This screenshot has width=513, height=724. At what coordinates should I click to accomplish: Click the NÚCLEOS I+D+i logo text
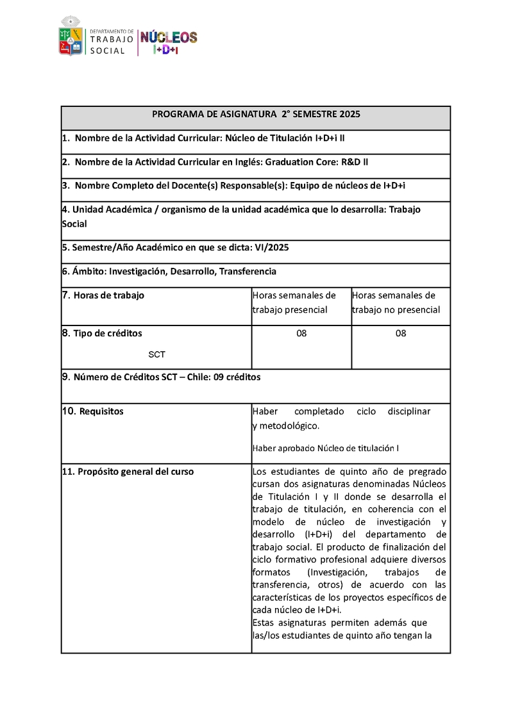pyautogui.click(x=169, y=42)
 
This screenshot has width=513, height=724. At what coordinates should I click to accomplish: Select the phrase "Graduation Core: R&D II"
pyautogui.click(x=317, y=162)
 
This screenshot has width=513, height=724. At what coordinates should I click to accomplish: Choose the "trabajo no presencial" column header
pyautogui.click(x=396, y=309)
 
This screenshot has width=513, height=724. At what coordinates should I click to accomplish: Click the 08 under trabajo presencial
pyautogui.click(x=301, y=333)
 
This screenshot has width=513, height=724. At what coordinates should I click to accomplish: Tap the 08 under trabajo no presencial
pyautogui.click(x=401, y=333)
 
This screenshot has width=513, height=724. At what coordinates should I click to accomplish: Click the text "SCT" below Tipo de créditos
pyautogui.click(x=157, y=354)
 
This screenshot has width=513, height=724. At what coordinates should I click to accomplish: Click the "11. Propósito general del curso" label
pyautogui.click(x=128, y=472)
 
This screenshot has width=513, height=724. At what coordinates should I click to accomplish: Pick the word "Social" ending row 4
pyautogui.click(x=74, y=224)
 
